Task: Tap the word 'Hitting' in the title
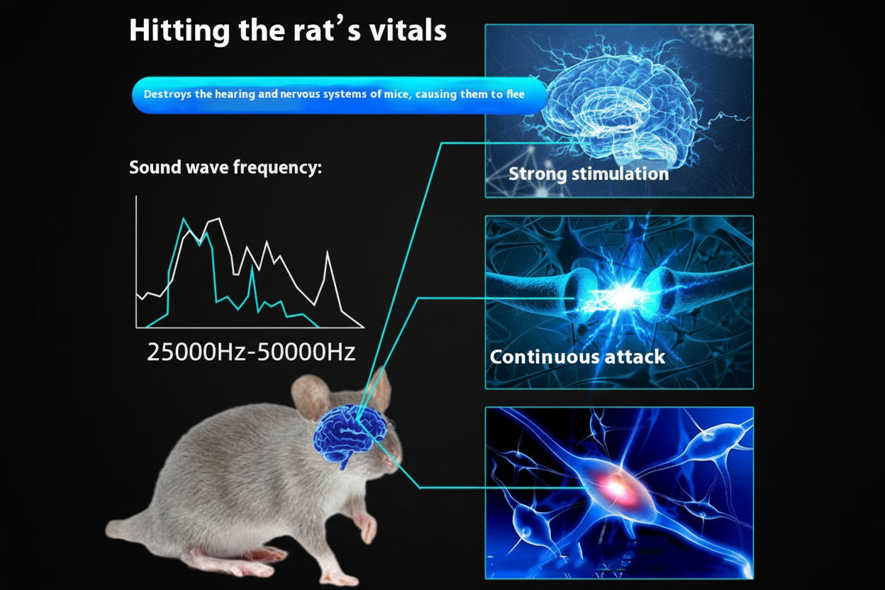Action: tap(170, 31)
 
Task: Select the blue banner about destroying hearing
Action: tap(339, 94)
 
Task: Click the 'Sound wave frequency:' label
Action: tap(226, 168)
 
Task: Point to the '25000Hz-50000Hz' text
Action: tap(251, 352)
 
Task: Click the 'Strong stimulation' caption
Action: tap(589, 174)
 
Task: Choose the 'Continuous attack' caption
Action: tap(577, 356)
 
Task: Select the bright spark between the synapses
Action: tap(620, 298)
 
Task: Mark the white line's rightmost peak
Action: tap(327, 252)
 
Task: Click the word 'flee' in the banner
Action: tap(516, 94)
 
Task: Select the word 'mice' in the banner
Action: tap(396, 94)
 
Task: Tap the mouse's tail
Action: tap(124, 528)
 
